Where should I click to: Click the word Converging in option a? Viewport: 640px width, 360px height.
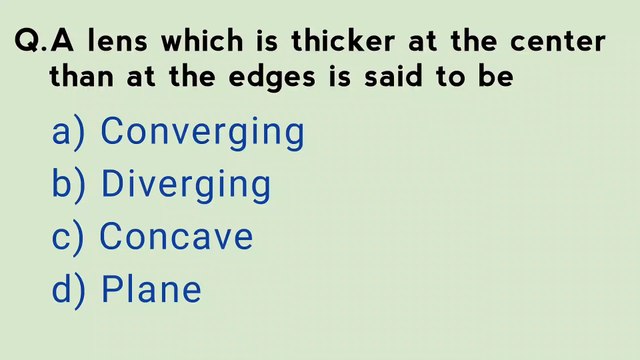[x=203, y=132]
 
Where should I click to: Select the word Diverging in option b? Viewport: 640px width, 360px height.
[x=186, y=185]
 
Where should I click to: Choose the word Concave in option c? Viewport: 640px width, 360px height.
[x=176, y=237]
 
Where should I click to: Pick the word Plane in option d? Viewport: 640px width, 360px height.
[x=151, y=290]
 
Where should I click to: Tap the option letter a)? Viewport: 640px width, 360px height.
[x=70, y=132]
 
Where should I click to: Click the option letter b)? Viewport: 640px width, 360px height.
[x=70, y=185]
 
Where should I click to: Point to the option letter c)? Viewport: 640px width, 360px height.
[x=69, y=237]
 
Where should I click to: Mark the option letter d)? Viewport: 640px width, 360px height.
[x=70, y=290]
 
